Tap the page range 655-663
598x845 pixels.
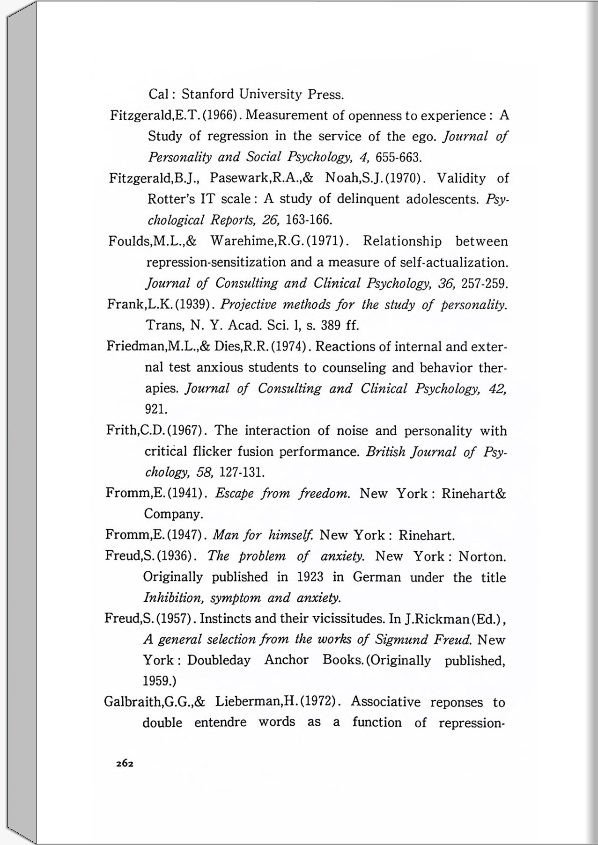coord(399,157)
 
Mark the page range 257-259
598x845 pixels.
coord(485,284)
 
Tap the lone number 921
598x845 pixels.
coord(156,409)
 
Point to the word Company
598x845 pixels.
coord(173,514)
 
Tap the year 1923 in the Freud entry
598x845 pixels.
coord(310,577)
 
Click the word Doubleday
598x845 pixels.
coord(219,661)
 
